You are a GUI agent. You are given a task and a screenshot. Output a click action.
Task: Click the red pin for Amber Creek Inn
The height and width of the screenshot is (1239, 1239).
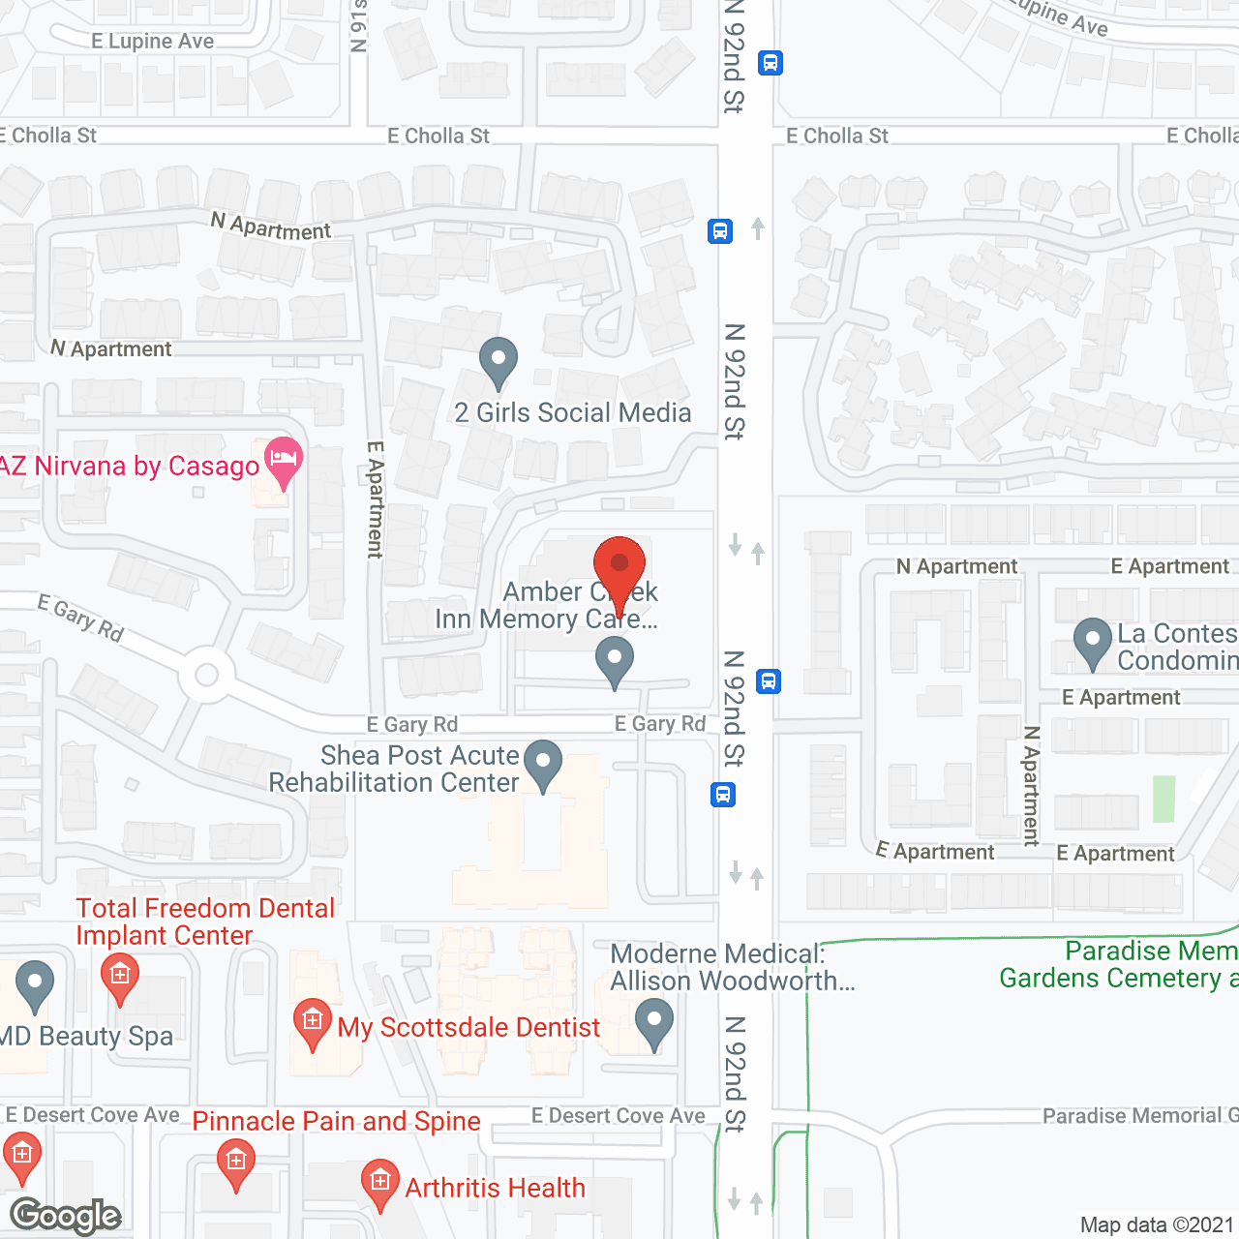pyautogui.click(x=619, y=565)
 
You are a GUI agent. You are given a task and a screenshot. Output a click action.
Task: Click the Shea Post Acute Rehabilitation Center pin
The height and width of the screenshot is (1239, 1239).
pyautogui.click(x=543, y=763)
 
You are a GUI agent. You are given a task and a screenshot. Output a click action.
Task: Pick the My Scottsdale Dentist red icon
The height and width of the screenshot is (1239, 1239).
pyautogui.click(x=312, y=1021)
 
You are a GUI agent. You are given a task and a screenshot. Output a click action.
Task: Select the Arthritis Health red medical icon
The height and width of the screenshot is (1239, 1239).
pyautogui.click(x=379, y=1183)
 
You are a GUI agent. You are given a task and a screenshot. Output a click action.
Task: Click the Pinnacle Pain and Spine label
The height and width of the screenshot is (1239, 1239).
pyautogui.click(x=336, y=1121)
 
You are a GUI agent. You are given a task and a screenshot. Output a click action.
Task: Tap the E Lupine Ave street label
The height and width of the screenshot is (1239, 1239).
pyautogui.click(x=153, y=42)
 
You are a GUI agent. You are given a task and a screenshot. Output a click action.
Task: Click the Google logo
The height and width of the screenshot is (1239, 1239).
pyautogui.click(x=66, y=1216)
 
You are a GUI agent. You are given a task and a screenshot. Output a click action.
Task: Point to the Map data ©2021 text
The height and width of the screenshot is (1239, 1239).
pyautogui.click(x=1157, y=1225)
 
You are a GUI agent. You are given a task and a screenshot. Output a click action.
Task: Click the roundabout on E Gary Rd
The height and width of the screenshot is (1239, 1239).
pyautogui.click(x=206, y=675)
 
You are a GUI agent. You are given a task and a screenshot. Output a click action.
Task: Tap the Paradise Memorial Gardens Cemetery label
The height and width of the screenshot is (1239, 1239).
pyautogui.click(x=1118, y=964)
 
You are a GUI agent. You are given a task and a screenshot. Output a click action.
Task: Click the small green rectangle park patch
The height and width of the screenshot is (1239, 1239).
pyautogui.click(x=1163, y=799)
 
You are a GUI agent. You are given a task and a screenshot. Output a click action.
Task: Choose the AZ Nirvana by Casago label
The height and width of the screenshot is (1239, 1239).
pyautogui.click(x=130, y=467)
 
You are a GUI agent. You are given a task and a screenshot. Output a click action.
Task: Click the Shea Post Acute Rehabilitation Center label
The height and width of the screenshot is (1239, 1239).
pyautogui.click(x=394, y=769)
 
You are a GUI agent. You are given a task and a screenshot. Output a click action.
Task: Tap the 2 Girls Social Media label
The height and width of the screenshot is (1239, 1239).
pyautogui.click(x=573, y=413)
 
